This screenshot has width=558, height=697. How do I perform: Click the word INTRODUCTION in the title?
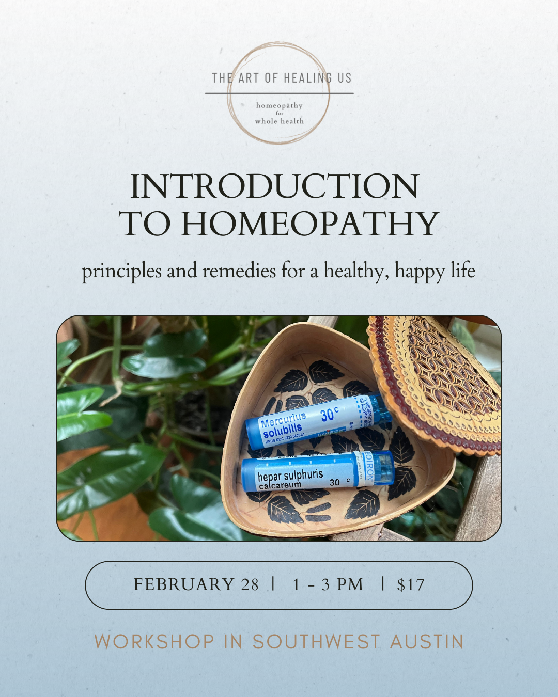click(x=274, y=186)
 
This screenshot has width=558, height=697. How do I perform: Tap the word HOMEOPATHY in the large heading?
click(x=309, y=224)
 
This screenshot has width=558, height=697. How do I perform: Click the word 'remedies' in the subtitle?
click(x=239, y=271)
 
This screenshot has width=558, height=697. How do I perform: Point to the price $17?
click(x=411, y=585)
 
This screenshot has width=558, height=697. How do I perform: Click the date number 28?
click(x=250, y=584)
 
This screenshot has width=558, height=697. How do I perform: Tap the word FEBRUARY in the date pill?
click(x=184, y=584)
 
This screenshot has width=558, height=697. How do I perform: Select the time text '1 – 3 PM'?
click(x=328, y=584)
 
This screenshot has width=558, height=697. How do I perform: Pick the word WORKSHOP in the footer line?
click(x=154, y=642)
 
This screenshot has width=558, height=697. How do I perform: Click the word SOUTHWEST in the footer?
click(x=316, y=642)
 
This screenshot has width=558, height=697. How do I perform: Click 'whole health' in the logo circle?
click(x=280, y=121)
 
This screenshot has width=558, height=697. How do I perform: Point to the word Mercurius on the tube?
click(x=284, y=419)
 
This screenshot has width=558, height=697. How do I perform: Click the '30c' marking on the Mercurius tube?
click(x=329, y=414)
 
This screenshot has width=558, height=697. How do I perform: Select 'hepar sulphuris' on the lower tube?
click(x=290, y=475)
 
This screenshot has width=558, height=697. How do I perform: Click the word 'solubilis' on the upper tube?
click(x=283, y=430)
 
